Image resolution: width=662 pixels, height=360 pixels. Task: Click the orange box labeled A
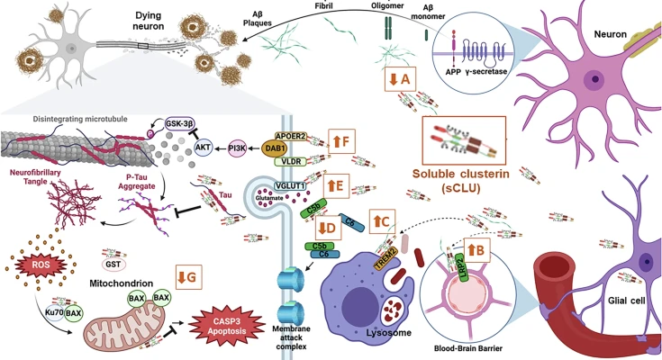399,79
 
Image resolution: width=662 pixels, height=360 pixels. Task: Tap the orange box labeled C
381,219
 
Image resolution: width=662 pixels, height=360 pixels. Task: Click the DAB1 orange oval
255,152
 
